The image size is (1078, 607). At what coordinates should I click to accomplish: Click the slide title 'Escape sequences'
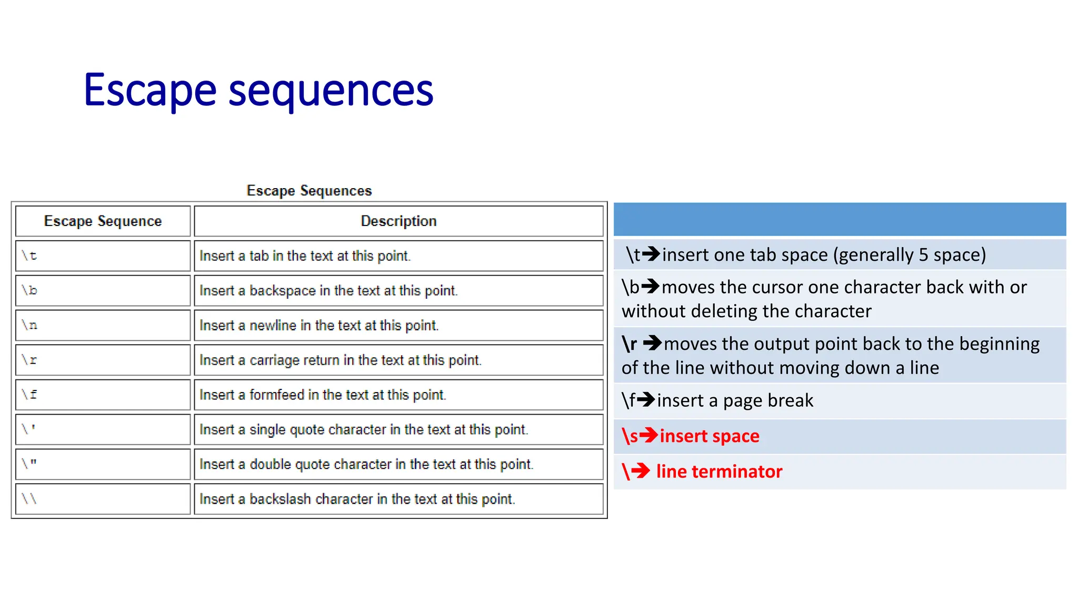(258, 91)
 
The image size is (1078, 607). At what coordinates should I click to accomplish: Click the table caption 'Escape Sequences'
(309, 191)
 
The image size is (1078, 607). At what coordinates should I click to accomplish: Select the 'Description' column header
(398, 221)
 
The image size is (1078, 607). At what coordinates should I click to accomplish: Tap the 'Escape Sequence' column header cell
(103, 221)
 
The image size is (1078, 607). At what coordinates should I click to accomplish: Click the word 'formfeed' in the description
(277, 395)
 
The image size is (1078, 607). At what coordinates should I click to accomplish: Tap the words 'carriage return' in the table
(294, 360)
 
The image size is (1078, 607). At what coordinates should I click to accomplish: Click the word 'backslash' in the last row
(280, 499)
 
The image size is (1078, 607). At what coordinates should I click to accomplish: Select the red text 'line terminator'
(719, 472)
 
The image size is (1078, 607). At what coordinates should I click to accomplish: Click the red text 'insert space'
(709, 436)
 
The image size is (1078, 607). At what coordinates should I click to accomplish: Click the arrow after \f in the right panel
(646, 400)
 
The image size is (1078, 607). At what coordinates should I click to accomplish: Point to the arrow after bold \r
(653, 344)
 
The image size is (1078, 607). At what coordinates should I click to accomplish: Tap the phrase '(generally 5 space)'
(909, 255)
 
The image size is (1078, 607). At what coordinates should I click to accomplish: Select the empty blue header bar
(840, 219)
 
